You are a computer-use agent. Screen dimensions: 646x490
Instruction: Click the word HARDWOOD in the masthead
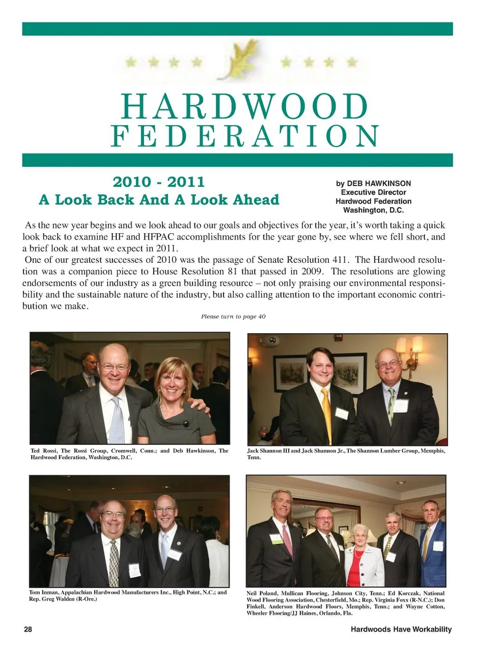[x=244, y=107]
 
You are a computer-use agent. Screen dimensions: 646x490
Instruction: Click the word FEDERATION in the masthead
[x=244, y=137]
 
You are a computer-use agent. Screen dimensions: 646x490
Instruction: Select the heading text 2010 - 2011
[x=158, y=182]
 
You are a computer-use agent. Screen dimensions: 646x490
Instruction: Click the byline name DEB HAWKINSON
[x=379, y=183]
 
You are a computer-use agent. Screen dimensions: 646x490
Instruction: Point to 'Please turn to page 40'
[x=233, y=316]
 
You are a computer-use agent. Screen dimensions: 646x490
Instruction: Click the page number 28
[x=28, y=629]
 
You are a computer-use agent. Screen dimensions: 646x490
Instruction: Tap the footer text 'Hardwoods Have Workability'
[x=401, y=629]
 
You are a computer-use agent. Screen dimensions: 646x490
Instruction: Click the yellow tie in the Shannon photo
[x=327, y=413]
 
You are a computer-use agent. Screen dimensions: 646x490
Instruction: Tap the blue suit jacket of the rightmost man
[x=434, y=559]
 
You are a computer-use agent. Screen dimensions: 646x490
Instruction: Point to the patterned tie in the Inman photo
[x=114, y=561]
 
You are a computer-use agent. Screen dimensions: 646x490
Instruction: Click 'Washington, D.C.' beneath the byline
[x=373, y=210]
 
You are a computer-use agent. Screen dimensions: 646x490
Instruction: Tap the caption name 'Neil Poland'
[x=261, y=593]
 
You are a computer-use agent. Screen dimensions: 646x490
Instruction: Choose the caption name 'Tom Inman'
[x=43, y=592]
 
